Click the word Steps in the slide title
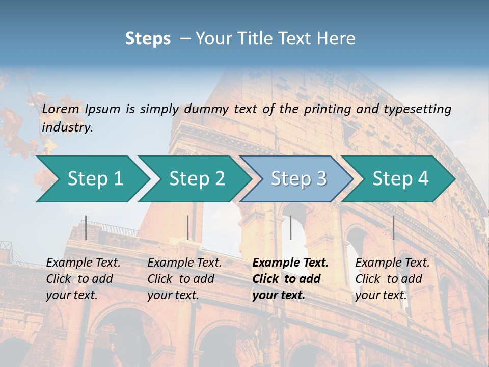pyautogui.click(x=148, y=39)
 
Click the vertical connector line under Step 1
pyautogui.click(x=86, y=227)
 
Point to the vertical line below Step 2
pyautogui.click(x=188, y=227)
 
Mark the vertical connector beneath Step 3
pyautogui.click(x=290, y=227)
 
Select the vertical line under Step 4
pyautogui.click(x=393, y=227)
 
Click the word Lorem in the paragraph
pyautogui.click(x=61, y=109)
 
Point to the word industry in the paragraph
pyautogui.click(x=67, y=127)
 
